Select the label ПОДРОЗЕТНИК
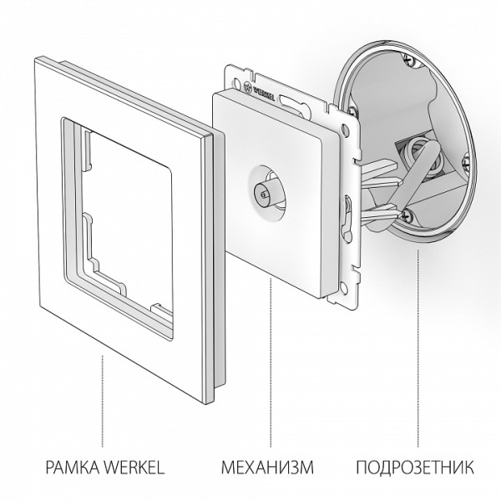click(415, 467)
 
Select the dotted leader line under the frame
click(103, 401)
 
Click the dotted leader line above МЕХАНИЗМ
click(269, 359)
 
